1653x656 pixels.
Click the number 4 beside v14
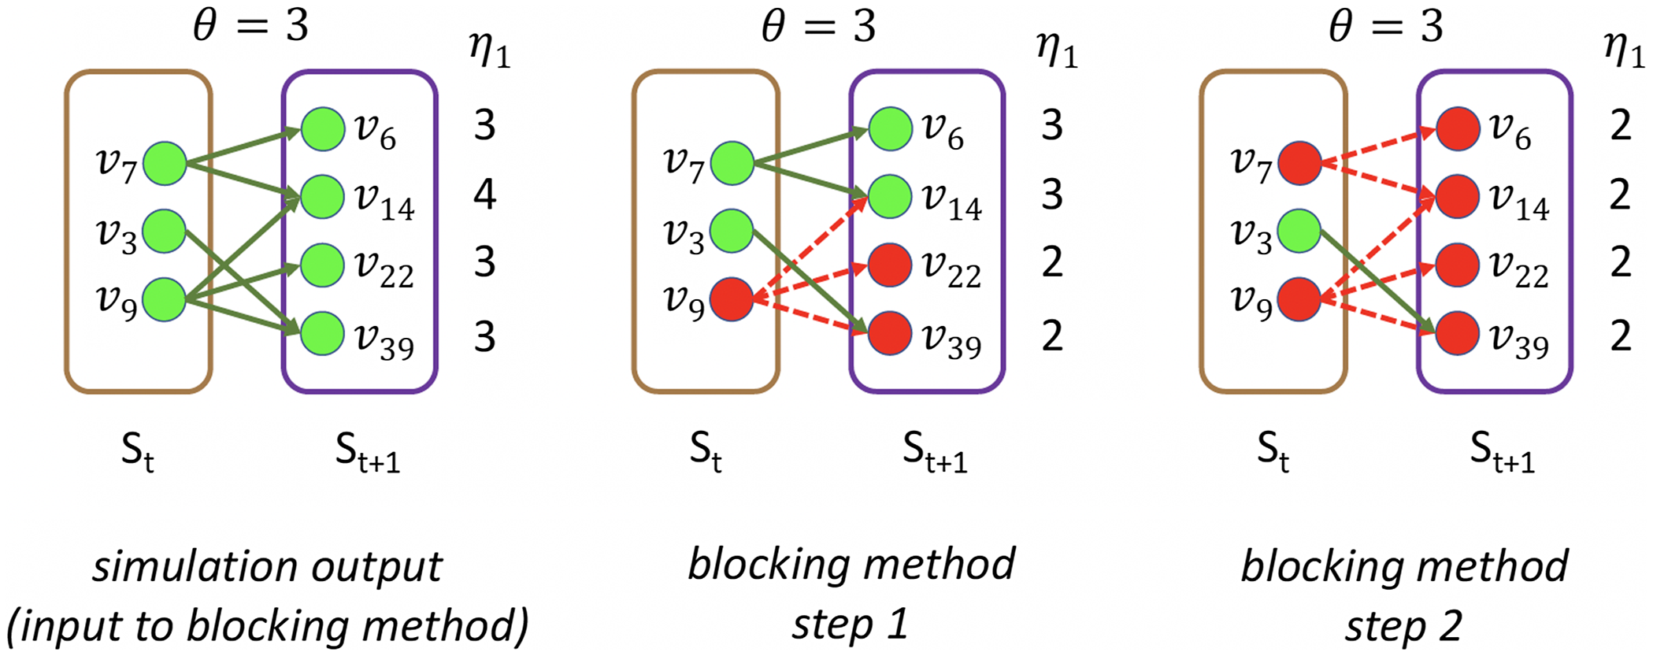485,195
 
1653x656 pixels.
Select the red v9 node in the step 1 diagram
732,299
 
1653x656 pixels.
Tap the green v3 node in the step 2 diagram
1299,232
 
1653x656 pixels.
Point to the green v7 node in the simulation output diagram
165,164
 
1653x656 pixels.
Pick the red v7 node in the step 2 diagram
1299,164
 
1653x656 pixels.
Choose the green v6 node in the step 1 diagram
891,129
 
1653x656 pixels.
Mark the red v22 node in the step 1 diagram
890,265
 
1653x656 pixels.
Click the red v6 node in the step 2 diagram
1458,129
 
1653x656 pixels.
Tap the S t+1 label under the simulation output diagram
367,453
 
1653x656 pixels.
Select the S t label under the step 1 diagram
706,451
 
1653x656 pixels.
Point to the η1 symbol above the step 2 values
1623,51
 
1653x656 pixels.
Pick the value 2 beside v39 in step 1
1053,336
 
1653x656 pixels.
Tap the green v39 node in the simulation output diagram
323,333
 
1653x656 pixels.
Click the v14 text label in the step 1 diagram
952,199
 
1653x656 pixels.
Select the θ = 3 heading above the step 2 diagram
1386,27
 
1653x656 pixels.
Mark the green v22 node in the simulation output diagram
323,265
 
